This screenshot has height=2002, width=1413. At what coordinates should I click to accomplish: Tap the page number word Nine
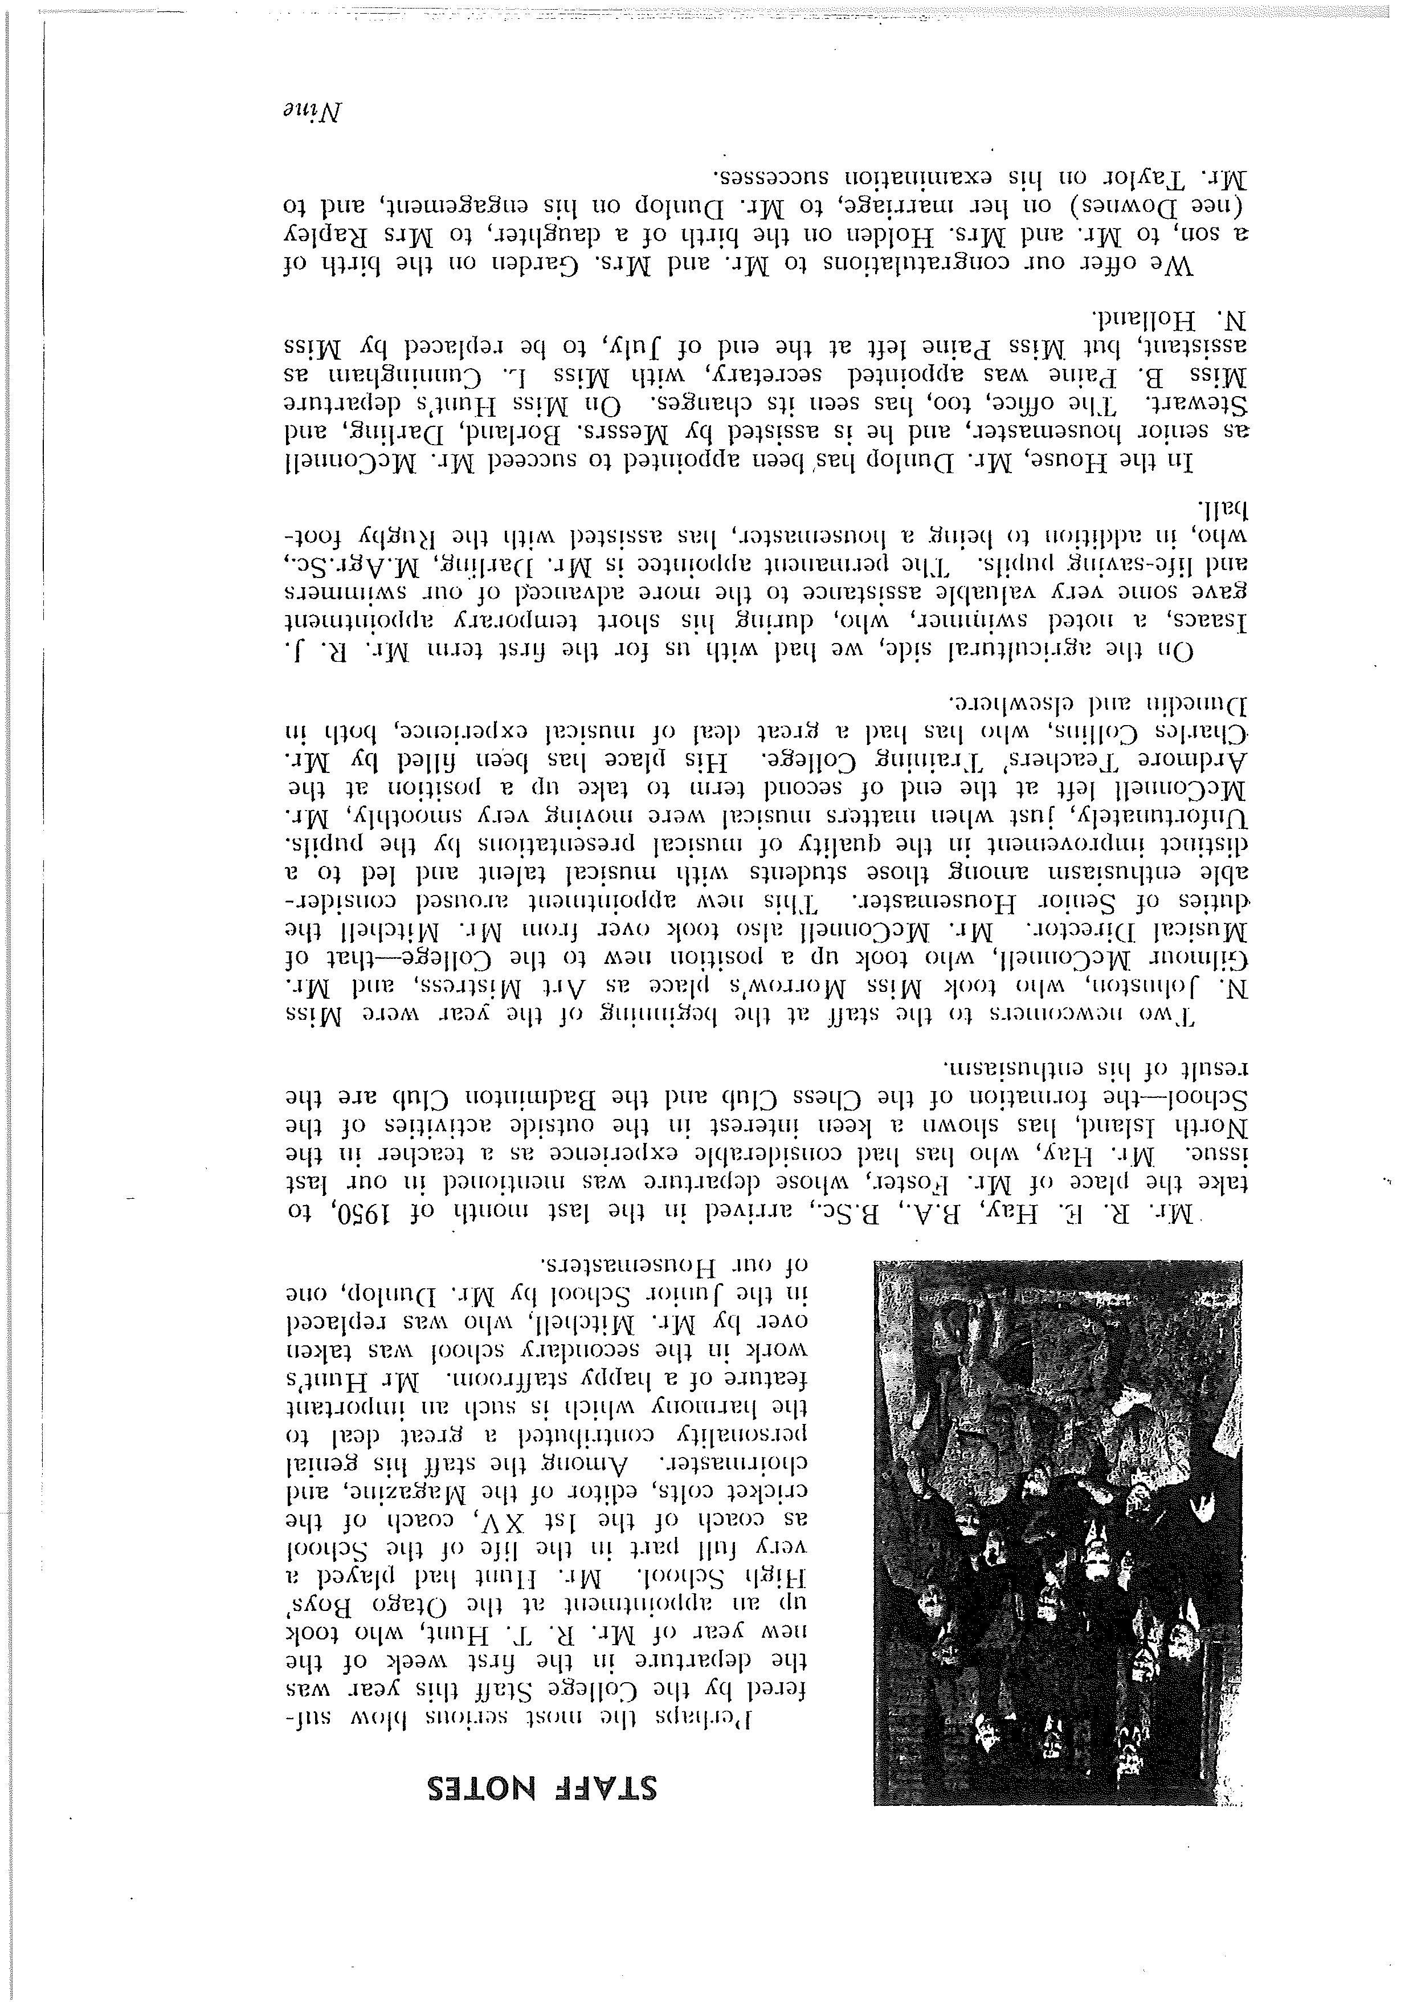click(x=313, y=112)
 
